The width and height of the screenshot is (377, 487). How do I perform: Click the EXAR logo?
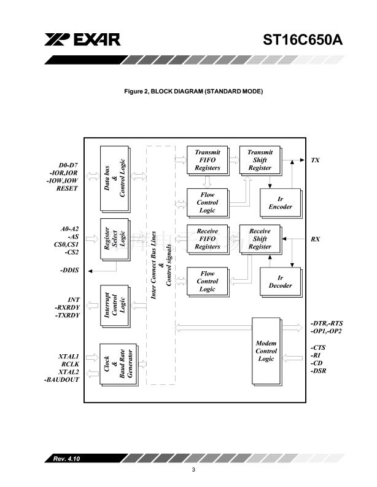[81, 40]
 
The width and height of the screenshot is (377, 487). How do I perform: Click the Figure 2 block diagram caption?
[193, 92]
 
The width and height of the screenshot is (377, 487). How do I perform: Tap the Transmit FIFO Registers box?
[207, 160]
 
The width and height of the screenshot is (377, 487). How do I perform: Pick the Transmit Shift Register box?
[259, 160]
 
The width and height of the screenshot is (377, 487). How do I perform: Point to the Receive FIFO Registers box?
[207, 239]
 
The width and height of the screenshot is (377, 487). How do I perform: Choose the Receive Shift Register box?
[259, 239]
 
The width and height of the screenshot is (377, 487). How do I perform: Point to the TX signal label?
[315, 160]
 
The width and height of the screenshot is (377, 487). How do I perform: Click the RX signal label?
[315, 239]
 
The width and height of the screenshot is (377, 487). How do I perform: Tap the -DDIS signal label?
[70, 271]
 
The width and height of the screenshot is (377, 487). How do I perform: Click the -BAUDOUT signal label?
[63, 381]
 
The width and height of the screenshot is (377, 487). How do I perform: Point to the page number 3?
[193, 470]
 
